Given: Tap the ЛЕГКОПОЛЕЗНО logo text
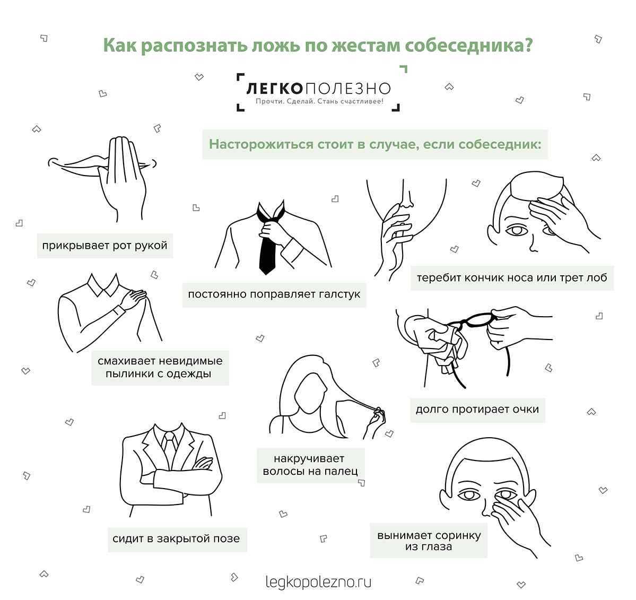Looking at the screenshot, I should click(318, 88).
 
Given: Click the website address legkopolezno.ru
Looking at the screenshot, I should click(318, 581).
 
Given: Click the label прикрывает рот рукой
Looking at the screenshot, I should click(104, 246).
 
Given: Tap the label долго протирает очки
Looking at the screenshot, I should click(477, 410).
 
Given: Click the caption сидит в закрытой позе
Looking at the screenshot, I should click(176, 539).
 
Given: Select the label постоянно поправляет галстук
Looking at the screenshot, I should click(274, 294).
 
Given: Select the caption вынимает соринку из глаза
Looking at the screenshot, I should click(428, 541).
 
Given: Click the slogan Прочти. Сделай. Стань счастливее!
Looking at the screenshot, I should click(319, 101).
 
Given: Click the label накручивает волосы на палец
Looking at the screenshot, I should click(310, 465).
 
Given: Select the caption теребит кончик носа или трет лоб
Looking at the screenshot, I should click(511, 277).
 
